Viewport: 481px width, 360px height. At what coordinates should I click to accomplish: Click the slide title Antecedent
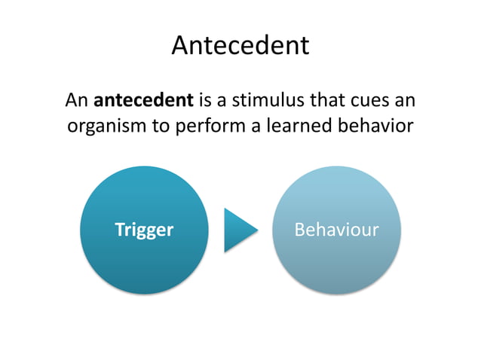[240, 46]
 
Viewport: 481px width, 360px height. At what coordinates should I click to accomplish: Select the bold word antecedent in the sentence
[143, 99]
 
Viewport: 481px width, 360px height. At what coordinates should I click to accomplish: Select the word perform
[206, 126]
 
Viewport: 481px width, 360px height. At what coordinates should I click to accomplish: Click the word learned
[297, 126]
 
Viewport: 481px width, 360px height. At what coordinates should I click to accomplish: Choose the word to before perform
[161, 126]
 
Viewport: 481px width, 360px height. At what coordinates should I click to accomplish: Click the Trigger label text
[143, 230]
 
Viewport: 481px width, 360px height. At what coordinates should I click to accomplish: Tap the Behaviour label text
[335, 230]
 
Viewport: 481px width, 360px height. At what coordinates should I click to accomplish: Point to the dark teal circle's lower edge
[144, 292]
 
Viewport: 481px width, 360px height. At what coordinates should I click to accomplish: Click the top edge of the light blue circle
[335, 167]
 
